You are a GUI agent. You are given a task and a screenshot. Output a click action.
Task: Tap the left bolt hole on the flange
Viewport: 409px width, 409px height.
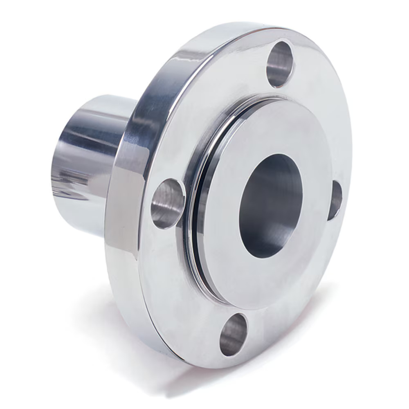point(168,203)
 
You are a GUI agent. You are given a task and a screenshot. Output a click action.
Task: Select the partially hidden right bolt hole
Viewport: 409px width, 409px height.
point(335,200)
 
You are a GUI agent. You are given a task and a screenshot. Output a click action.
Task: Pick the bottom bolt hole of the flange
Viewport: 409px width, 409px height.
point(234,334)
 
